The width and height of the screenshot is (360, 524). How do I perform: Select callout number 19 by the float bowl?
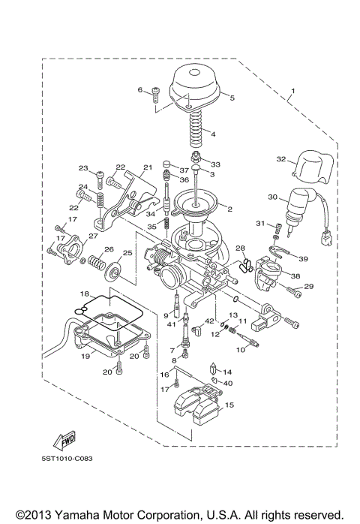pos(85,357)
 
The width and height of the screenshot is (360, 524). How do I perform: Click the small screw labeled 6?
pos(155,94)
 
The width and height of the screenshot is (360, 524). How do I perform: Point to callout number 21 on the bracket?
pos(147,167)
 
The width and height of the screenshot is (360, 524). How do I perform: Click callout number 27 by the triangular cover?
pos(93,236)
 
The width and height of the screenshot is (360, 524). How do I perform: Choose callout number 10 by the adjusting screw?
pos(241,349)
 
